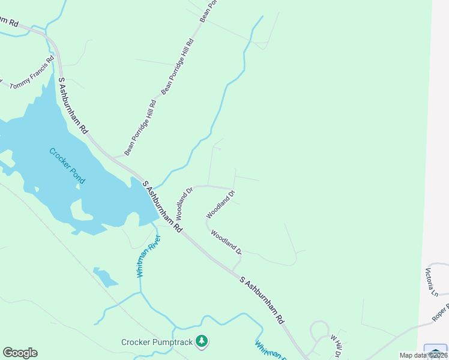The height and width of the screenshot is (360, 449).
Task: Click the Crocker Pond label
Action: point(67,166)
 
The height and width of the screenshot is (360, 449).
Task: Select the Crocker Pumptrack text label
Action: point(158,343)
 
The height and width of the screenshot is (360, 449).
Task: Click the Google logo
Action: point(20,353)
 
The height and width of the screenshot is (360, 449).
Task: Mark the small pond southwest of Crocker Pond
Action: point(106,277)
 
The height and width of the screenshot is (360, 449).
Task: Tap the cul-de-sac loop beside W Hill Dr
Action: point(316,331)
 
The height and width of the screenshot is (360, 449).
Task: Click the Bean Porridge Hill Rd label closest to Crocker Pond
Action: point(140,127)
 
